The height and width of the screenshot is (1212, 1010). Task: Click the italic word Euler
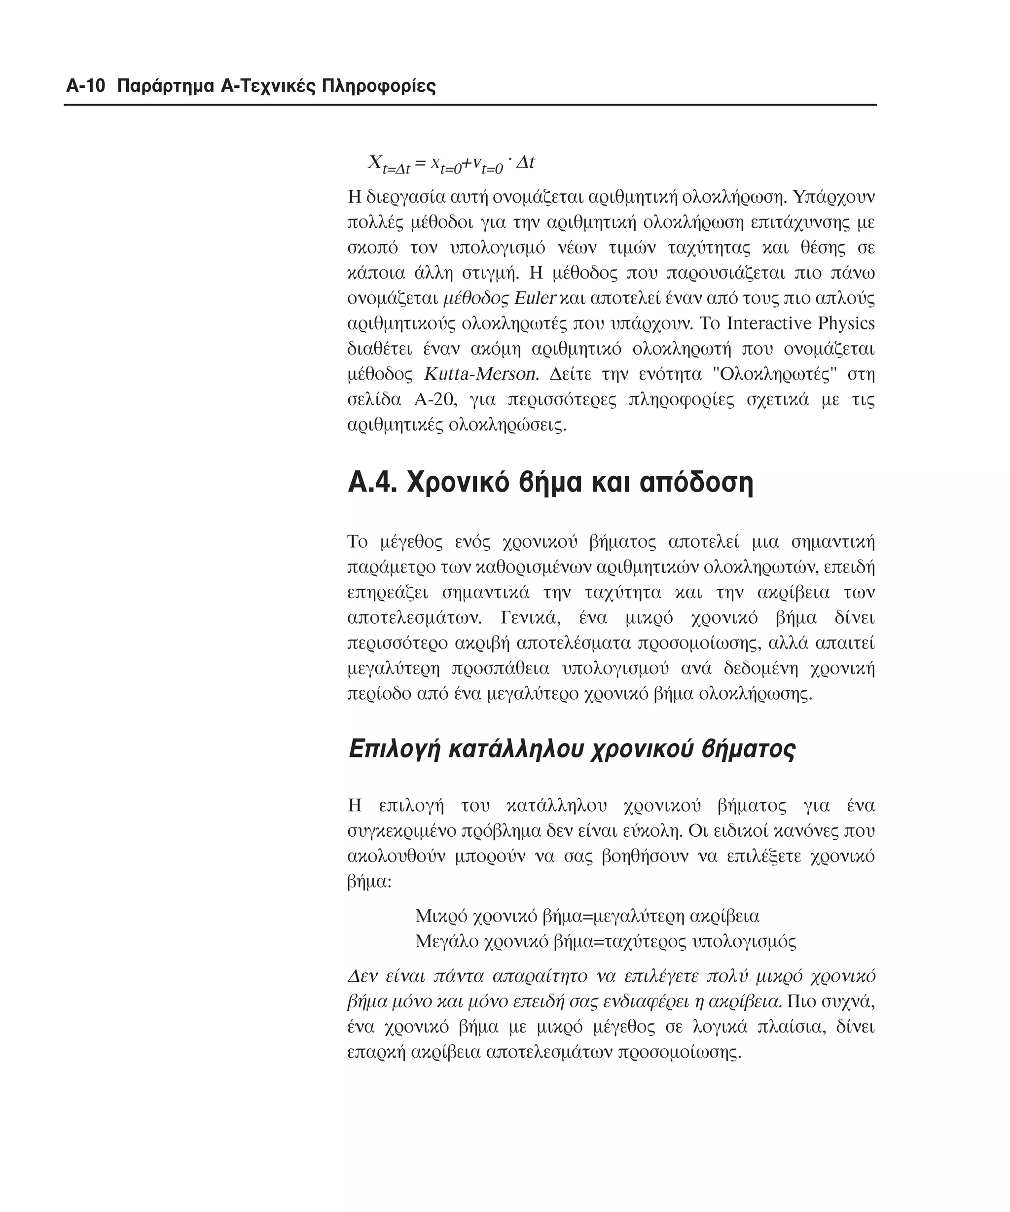coord(535,298)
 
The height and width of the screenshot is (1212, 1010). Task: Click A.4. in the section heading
coord(372,483)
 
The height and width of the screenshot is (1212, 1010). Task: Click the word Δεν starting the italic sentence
coord(362,976)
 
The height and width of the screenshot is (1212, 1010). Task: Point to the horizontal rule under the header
coord(470,105)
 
